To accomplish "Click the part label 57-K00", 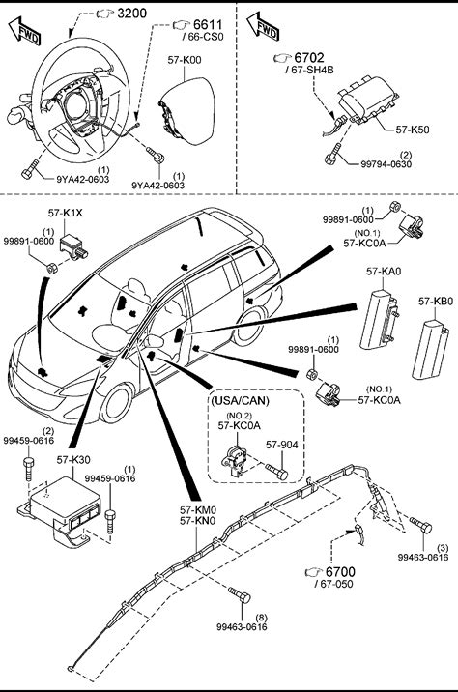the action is (x=185, y=60).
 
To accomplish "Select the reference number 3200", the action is (x=132, y=14).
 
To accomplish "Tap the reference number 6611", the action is (x=208, y=25).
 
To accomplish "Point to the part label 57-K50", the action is (x=413, y=130).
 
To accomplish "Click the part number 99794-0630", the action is (x=386, y=164).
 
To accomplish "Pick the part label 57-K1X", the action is (x=66, y=214).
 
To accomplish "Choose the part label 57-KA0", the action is (x=384, y=271).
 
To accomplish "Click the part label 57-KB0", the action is (x=436, y=302).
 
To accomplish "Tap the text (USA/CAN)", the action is (x=240, y=401).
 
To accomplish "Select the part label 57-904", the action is (x=281, y=445).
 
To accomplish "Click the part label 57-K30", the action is (x=73, y=459).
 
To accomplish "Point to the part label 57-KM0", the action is (x=198, y=509).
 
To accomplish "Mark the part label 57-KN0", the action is (x=198, y=521).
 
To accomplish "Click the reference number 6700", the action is (x=340, y=572).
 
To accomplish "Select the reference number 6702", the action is (x=309, y=58).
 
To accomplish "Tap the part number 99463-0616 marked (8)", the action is (x=242, y=626).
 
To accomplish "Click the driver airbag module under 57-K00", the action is (x=186, y=111).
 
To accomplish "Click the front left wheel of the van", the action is (x=117, y=403).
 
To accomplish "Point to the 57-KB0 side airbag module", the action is (x=430, y=350).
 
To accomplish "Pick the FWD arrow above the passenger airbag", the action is (x=263, y=27).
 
